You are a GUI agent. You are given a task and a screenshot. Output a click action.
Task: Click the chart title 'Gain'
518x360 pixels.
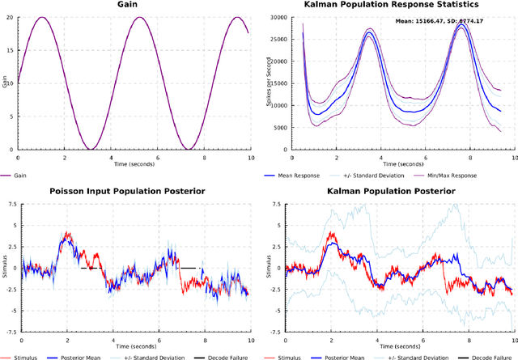[131, 5]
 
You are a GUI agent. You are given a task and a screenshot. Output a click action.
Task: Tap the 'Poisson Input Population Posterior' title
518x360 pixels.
[131, 191]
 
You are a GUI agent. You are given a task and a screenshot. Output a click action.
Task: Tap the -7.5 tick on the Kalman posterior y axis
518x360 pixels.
[275, 330]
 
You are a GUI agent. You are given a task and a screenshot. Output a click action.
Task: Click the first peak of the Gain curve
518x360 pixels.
[43, 18]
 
